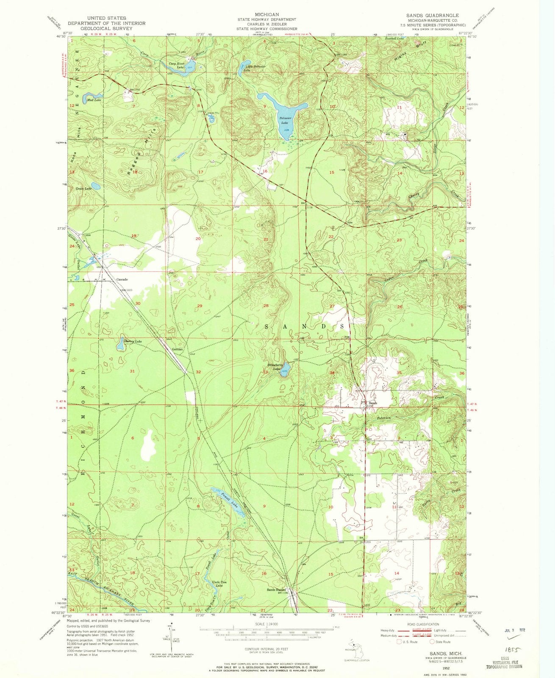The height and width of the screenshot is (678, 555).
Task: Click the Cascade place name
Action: [x=122, y=280]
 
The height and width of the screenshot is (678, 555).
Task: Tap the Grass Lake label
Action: [x=83, y=188]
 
